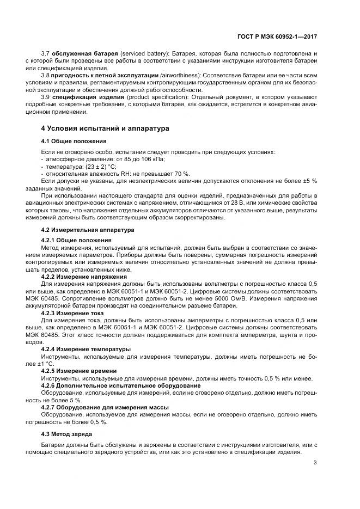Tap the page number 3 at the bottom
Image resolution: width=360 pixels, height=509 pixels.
point(315,463)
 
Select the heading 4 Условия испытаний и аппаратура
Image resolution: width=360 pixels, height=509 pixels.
point(106,128)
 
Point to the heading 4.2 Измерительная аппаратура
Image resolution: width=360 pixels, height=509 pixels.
point(80,230)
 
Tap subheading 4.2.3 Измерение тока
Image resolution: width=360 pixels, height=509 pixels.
point(69,314)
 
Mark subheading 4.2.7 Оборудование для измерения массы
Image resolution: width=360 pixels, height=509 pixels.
point(105,407)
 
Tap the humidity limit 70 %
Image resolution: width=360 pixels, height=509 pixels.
point(159,173)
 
